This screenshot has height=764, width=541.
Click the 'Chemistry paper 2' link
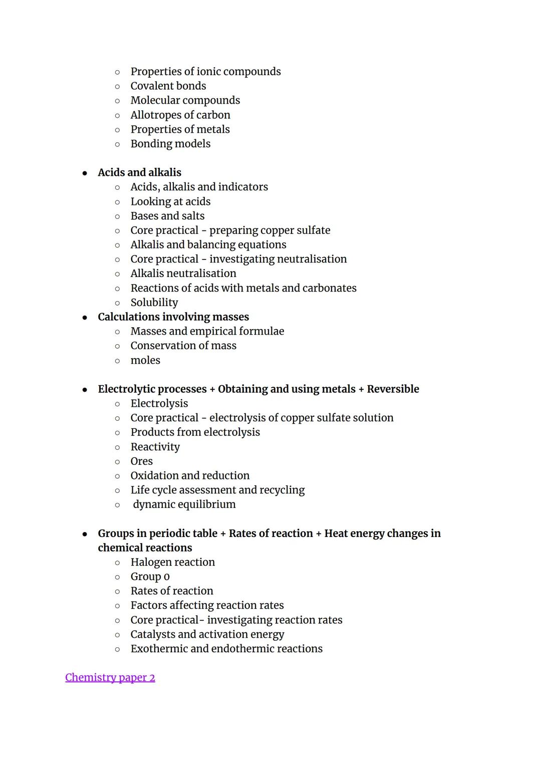110,677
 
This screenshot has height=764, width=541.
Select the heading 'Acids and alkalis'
139,172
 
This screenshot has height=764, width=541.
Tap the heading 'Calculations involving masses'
173,317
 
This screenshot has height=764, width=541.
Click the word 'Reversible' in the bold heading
393,389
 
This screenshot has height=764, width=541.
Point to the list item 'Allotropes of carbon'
180,115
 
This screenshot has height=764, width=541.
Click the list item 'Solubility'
154,302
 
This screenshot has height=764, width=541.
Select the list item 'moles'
145,360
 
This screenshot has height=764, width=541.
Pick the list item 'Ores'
142,461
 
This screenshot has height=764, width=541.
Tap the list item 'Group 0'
150,577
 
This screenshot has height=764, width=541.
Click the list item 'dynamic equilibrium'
184,504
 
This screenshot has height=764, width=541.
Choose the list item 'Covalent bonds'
168,86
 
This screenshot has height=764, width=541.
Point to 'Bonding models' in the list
170,144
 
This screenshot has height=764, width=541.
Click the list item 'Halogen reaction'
173,562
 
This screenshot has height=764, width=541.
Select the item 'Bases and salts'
167,216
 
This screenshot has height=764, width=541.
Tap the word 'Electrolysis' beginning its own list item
159,403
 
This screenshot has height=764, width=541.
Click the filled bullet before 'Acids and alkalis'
85,173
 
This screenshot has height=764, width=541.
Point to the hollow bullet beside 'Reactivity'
117,447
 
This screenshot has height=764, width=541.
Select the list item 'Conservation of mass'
183,346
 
